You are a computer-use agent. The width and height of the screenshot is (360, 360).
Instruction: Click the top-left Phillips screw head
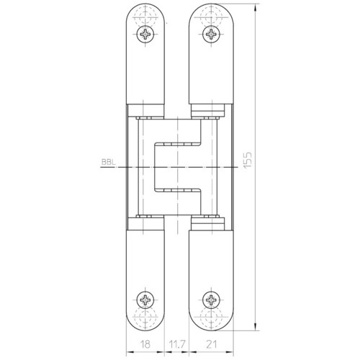(x=145, y=34)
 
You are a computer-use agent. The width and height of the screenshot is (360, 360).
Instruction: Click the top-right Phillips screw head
(x=211, y=34)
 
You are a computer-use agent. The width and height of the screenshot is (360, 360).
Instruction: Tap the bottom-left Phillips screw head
(x=145, y=300)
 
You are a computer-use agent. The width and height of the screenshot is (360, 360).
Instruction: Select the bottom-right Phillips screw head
(x=211, y=300)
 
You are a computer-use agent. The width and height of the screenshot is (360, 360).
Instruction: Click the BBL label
(x=109, y=162)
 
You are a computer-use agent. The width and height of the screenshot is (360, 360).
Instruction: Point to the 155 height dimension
(x=248, y=160)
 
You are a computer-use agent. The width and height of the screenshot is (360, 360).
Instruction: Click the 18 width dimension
(x=145, y=344)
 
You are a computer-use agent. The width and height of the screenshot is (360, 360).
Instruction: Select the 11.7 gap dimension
(x=176, y=344)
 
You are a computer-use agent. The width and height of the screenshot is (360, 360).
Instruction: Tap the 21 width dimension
(x=211, y=344)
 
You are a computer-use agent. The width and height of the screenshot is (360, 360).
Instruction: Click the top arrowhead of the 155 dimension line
(x=256, y=6)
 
